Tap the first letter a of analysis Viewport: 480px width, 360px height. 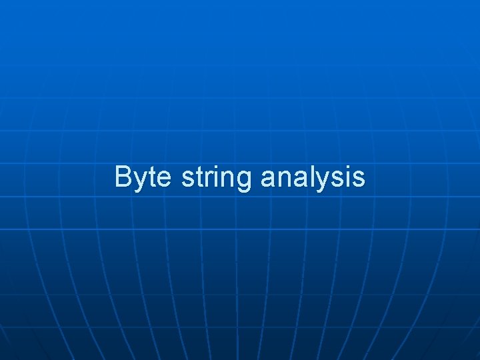267,179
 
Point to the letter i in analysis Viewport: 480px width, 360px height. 346,177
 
